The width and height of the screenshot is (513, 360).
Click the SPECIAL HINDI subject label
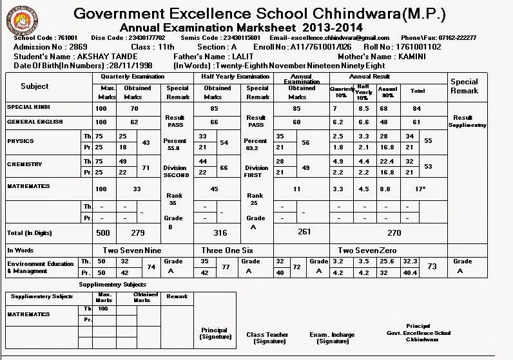click(28, 107)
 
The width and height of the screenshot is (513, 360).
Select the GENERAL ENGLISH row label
click(32, 121)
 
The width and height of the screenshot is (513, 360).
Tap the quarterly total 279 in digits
click(139, 232)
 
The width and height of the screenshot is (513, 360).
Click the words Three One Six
click(227, 250)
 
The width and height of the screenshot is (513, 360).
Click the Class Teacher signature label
click(267, 337)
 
